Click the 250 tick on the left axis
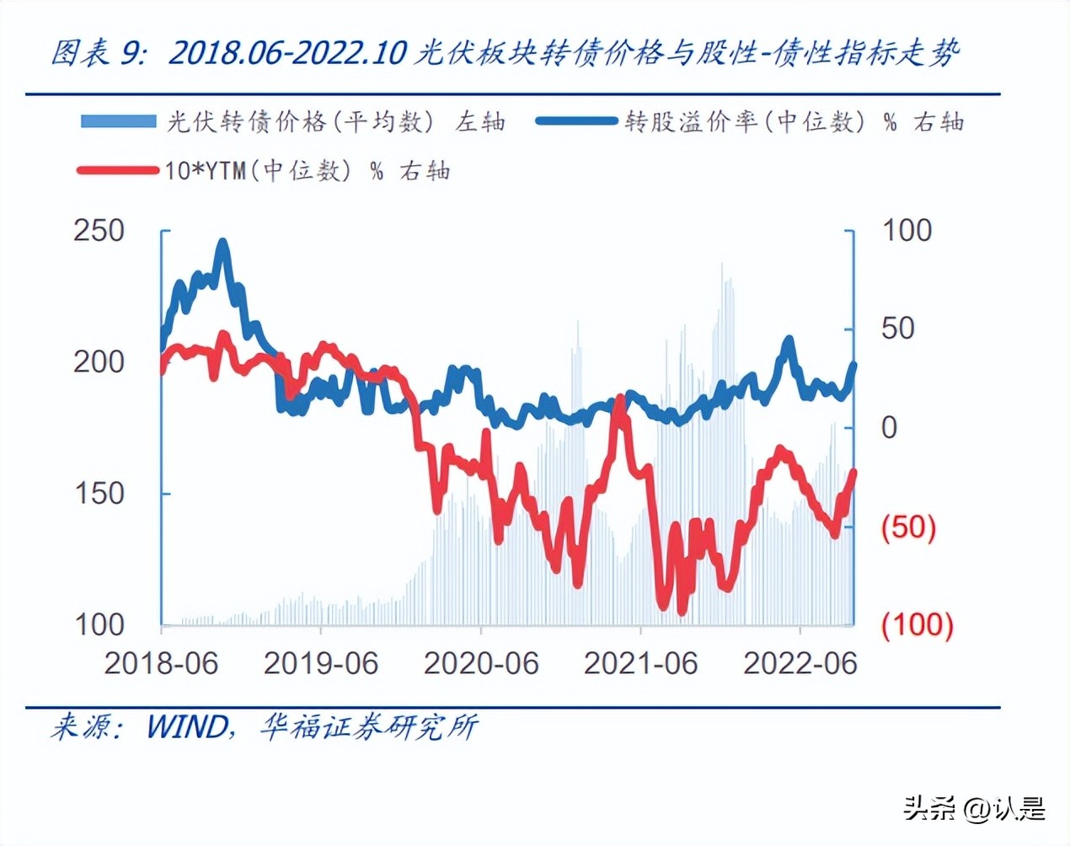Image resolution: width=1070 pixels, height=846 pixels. [x=99, y=230]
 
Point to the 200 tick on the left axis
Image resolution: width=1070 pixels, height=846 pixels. [x=99, y=361]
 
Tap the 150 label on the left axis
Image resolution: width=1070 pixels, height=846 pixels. [x=99, y=493]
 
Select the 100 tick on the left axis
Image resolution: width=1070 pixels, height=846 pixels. [x=99, y=624]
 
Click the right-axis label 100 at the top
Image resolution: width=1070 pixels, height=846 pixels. [x=907, y=230]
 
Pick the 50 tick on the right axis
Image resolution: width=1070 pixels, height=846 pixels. [x=898, y=329]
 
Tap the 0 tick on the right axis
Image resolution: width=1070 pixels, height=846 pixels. [x=890, y=427]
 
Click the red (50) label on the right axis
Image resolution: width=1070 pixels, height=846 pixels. [x=908, y=527]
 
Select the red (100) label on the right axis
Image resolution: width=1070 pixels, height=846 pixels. [x=917, y=624]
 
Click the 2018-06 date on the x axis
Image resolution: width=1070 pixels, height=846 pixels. [x=161, y=663]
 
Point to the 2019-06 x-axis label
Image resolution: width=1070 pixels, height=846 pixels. [x=321, y=663]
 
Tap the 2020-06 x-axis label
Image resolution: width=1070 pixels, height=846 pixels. [x=481, y=663]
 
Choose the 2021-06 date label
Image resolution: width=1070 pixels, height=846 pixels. [x=641, y=663]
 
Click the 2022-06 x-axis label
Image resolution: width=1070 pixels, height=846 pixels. [x=800, y=663]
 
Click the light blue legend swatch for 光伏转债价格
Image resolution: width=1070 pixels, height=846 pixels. [x=119, y=121]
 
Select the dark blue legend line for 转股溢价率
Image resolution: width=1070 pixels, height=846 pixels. [x=577, y=121]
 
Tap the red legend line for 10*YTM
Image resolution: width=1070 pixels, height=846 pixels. [x=119, y=170]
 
